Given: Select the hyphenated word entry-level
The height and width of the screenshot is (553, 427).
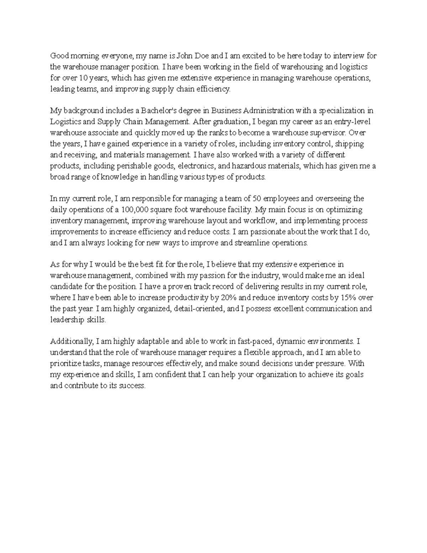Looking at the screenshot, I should [350, 122].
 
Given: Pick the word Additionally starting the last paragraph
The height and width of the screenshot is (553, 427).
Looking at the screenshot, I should [72, 342].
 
